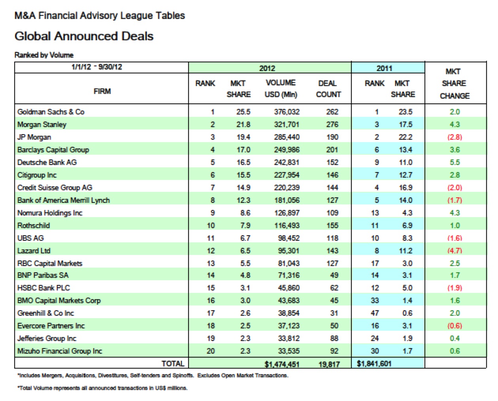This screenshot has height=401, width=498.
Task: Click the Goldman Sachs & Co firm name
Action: click(51, 112)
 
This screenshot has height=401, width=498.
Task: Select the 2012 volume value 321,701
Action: click(287, 124)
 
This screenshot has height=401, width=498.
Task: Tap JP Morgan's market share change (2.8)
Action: click(455, 137)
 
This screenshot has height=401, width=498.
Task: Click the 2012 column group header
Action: click(267, 68)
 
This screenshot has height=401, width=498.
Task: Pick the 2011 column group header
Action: click(384, 68)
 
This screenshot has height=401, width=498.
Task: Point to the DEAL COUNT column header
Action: click(328, 89)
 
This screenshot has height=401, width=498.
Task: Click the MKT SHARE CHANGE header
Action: click(455, 84)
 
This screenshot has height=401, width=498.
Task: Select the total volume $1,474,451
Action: click(282, 364)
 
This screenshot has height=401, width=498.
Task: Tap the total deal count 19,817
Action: click(329, 364)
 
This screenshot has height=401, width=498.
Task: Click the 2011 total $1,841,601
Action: click(374, 364)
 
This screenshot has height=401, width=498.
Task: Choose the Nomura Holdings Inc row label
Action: click(50, 213)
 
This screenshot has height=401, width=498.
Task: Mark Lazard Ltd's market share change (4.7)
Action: click(455, 251)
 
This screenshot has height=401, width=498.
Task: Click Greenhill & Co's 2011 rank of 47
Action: click(375, 313)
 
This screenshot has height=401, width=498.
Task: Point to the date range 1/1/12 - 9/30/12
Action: click(97, 67)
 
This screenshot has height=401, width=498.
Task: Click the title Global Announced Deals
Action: click(84, 36)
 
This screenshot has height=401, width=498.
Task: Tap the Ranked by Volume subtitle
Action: click(44, 55)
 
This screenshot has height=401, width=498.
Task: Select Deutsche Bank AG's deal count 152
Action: click(332, 162)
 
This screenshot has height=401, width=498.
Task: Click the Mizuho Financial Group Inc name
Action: click(60, 351)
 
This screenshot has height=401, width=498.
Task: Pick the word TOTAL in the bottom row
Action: click(173, 364)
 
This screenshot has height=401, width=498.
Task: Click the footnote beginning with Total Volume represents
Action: click(102, 388)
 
